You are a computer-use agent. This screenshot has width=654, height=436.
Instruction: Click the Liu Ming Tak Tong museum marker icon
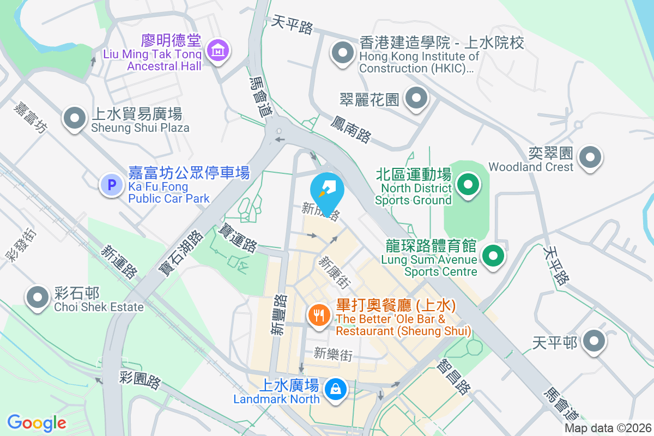(x=218, y=51)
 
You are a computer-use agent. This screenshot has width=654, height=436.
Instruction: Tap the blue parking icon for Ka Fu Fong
(x=112, y=185)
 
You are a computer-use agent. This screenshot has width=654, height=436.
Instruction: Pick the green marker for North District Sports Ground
(x=467, y=185)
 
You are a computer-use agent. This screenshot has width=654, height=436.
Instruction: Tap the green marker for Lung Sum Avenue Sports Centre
(x=493, y=255)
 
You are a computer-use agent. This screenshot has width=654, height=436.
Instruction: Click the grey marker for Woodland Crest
(x=590, y=158)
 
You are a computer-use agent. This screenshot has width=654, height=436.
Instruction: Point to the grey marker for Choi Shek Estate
(x=38, y=297)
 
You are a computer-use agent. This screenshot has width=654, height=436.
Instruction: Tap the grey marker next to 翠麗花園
(x=417, y=99)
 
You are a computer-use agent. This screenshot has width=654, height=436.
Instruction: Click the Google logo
(x=37, y=422)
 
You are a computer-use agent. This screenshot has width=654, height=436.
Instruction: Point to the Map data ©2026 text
(x=608, y=428)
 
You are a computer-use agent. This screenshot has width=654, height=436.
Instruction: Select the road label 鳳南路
(x=350, y=129)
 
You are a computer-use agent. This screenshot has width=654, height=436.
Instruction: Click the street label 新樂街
(x=333, y=355)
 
